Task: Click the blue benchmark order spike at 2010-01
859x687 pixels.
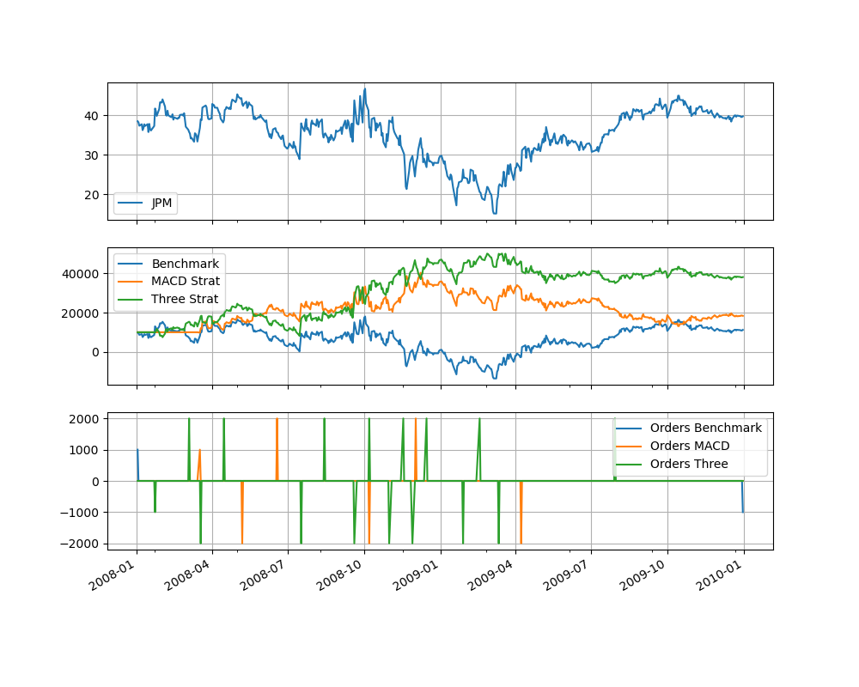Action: (743, 507)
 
